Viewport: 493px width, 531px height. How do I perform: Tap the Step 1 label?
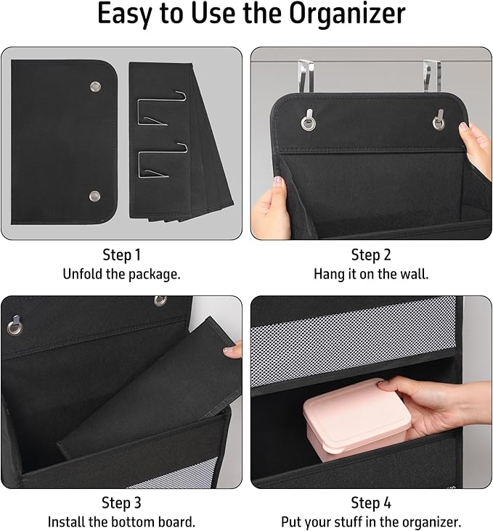pyautogui.click(x=122, y=255)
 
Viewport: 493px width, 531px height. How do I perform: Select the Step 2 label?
pyautogui.click(x=371, y=255)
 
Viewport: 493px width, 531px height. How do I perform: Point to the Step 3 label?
pyautogui.click(x=122, y=503)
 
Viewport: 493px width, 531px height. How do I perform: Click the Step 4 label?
pyautogui.click(x=371, y=503)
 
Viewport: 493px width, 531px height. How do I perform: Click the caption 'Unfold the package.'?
pyautogui.click(x=122, y=274)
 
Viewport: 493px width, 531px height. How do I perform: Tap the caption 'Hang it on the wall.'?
pyautogui.click(x=371, y=274)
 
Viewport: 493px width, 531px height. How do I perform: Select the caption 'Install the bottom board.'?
pyautogui.click(x=122, y=522)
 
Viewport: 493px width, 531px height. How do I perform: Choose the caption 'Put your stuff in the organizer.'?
pyautogui.click(x=371, y=522)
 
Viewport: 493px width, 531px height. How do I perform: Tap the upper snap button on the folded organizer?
pyautogui.click(x=95, y=87)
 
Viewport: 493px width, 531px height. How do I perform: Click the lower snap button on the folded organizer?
pyautogui.click(x=94, y=196)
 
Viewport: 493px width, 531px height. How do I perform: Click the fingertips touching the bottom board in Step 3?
pyautogui.click(x=232, y=351)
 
